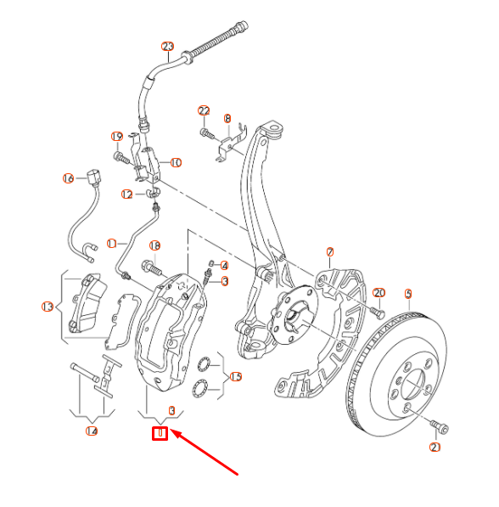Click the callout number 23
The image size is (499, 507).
point(166,46)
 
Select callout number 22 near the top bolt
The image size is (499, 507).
point(204,111)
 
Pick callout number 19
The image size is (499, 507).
point(117,137)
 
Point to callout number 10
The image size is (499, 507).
point(176,162)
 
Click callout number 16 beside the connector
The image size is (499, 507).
point(69,178)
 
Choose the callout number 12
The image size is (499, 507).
point(126,194)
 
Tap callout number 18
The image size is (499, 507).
point(154,245)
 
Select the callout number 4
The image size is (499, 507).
point(224,265)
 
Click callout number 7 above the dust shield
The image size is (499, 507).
point(330,251)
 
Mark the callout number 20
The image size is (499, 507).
point(379,292)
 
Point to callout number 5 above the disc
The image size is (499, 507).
point(408,294)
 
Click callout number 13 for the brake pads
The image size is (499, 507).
point(48,307)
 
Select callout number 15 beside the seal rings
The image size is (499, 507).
point(236,376)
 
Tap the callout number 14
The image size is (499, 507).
point(92,431)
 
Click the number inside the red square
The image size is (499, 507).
point(159,434)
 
